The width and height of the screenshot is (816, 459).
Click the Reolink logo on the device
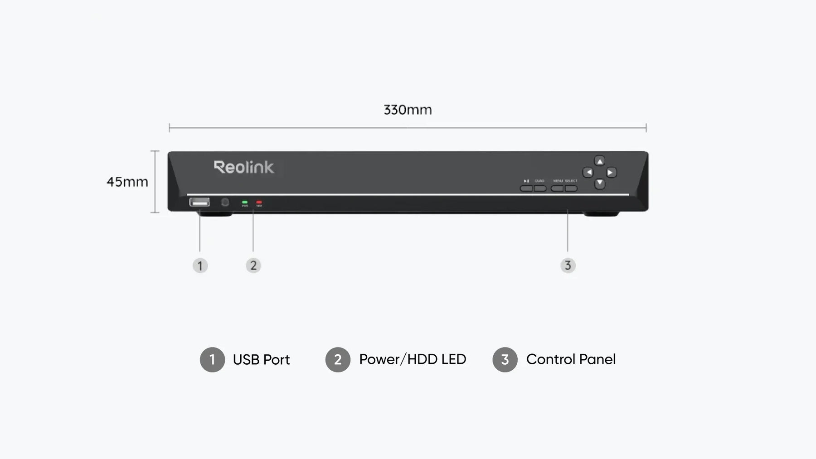[x=244, y=167]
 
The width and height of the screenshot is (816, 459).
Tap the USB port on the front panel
[x=199, y=202]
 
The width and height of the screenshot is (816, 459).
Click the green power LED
[x=245, y=202]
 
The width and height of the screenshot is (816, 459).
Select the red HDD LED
[x=259, y=202]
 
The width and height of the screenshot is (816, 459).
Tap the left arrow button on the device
[x=588, y=172]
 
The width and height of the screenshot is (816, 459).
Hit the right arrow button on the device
[x=611, y=172]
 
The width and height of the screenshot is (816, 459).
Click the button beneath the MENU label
[x=557, y=188]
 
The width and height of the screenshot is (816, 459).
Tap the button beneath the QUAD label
[x=540, y=188]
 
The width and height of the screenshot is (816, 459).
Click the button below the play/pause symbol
[x=526, y=188]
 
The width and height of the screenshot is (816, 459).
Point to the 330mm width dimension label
[x=408, y=110]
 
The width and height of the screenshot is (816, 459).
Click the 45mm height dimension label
[x=127, y=182]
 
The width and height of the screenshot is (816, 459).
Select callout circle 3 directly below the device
[x=568, y=266]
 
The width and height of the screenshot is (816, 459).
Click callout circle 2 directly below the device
[x=253, y=266]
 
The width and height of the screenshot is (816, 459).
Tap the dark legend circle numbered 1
[x=212, y=360]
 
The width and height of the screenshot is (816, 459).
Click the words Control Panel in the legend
[x=571, y=359]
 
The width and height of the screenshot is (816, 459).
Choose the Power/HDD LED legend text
[x=412, y=359]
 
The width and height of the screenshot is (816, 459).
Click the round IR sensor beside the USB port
[x=225, y=202]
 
